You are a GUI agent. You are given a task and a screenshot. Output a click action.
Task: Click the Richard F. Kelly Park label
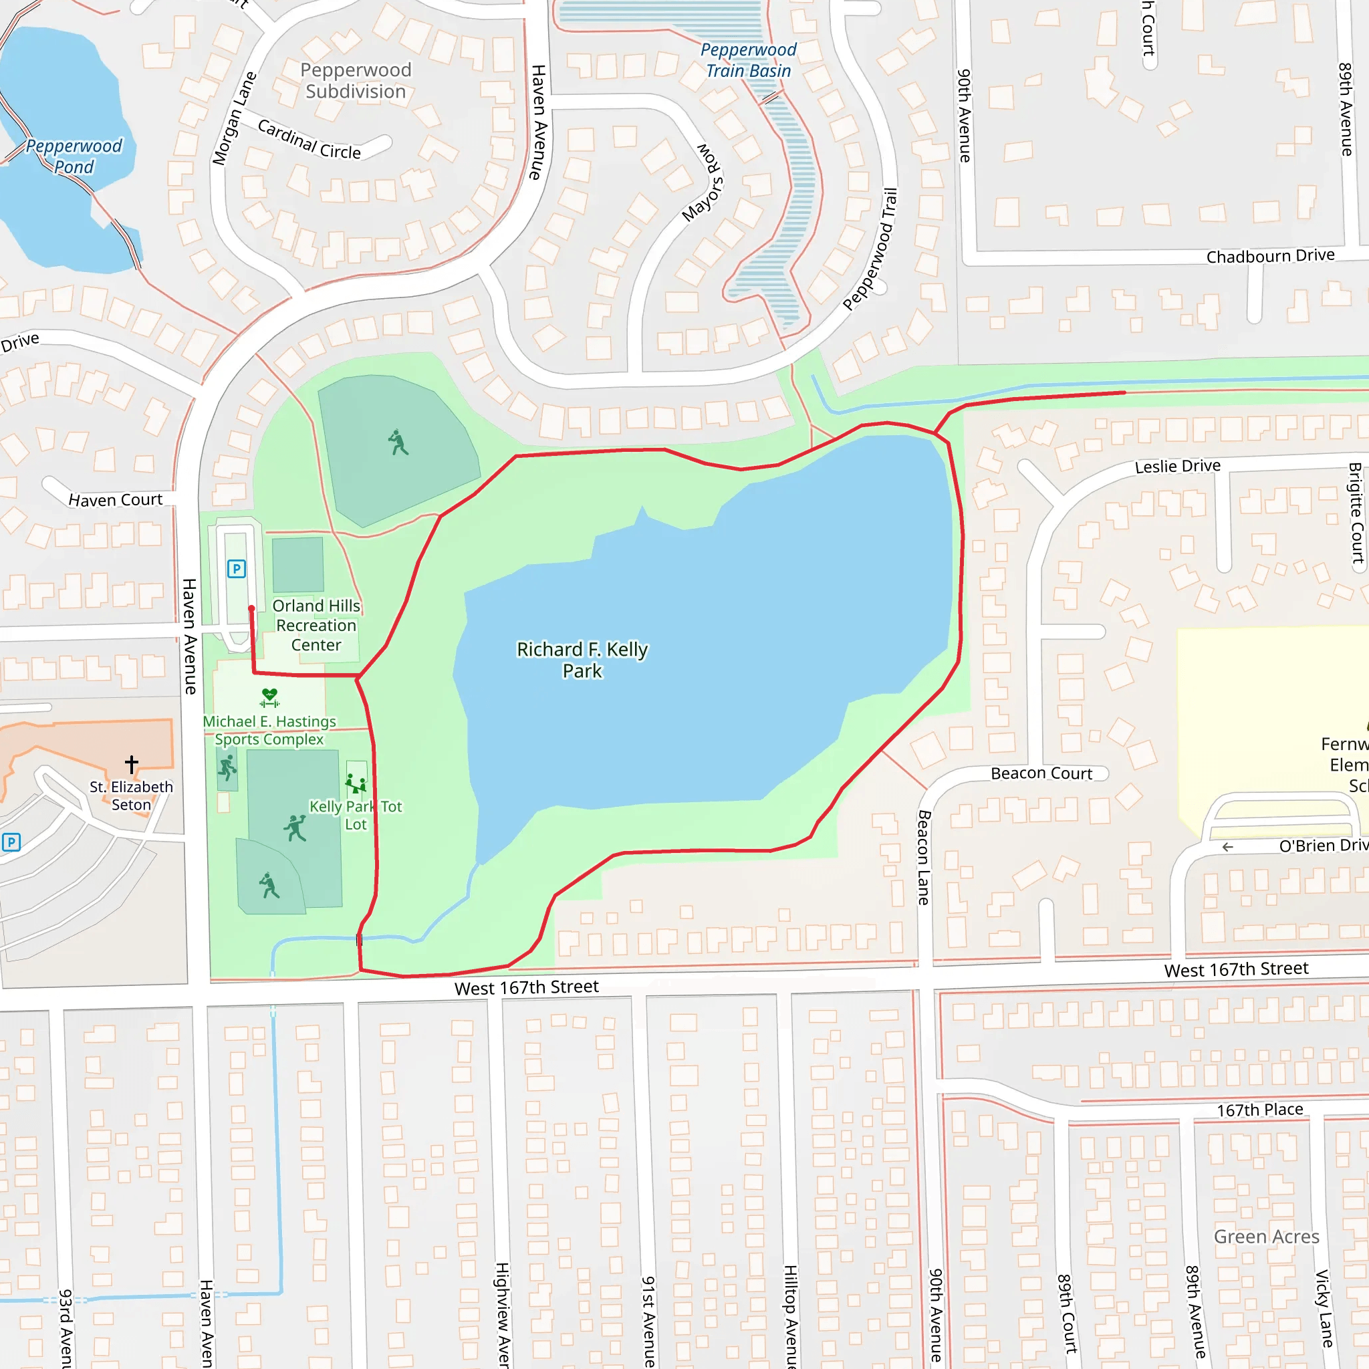click(582, 660)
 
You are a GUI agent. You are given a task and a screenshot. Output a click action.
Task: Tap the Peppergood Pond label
click(74, 156)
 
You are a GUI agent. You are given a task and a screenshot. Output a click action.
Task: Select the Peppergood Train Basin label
click(748, 60)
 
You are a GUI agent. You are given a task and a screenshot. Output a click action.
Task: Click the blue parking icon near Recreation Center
click(237, 568)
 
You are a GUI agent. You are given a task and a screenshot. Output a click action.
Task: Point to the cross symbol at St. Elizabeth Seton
click(131, 764)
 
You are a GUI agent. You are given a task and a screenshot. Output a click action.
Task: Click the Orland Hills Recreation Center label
click(316, 625)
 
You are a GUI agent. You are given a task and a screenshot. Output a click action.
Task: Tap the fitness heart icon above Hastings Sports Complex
click(269, 697)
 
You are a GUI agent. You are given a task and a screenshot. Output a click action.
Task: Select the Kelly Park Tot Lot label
click(356, 815)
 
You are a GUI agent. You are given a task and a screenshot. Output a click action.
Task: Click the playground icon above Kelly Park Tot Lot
click(356, 783)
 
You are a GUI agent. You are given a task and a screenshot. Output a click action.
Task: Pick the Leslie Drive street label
click(1178, 467)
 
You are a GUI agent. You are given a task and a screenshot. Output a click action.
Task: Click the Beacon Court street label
click(1041, 773)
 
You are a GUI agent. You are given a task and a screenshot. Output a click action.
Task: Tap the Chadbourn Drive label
click(1271, 256)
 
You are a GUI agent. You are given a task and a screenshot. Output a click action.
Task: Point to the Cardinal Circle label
click(309, 140)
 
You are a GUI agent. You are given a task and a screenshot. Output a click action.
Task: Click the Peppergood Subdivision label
click(356, 81)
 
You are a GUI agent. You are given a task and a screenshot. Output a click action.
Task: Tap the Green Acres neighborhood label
click(1266, 1237)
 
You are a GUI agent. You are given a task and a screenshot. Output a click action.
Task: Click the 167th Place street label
click(1260, 1110)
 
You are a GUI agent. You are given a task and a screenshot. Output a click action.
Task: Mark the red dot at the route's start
click(251, 608)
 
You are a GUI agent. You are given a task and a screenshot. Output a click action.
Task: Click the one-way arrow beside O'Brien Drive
click(1228, 847)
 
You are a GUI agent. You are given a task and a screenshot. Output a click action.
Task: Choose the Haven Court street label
click(116, 499)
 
